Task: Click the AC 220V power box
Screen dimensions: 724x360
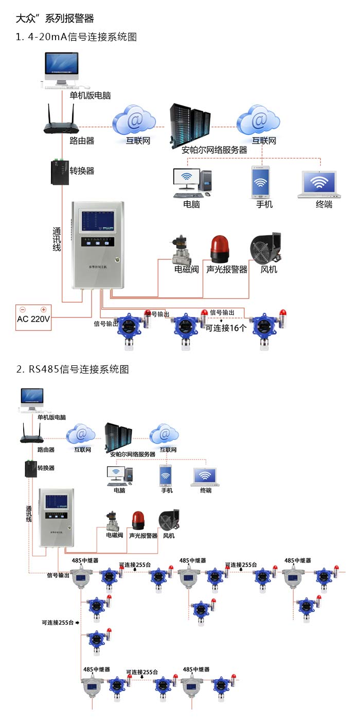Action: click(x=33, y=317)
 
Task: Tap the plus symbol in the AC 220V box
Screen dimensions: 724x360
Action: click(x=44, y=309)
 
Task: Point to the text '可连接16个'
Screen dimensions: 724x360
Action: click(x=226, y=328)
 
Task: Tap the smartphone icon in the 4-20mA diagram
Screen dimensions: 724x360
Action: click(x=261, y=182)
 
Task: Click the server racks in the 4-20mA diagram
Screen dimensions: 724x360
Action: click(x=190, y=124)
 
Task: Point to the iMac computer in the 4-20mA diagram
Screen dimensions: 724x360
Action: click(x=62, y=69)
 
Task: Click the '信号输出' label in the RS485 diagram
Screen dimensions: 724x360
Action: click(x=58, y=575)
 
